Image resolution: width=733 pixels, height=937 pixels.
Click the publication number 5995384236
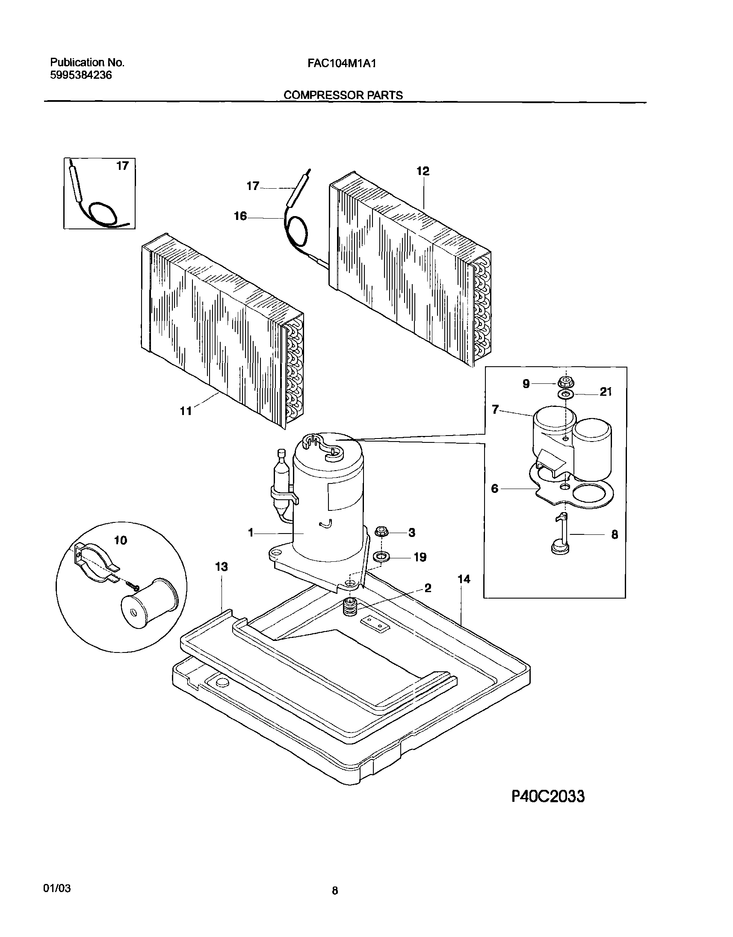click(x=81, y=76)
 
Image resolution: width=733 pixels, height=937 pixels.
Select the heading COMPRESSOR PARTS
click(x=343, y=95)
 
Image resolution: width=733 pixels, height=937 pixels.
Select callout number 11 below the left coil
click(x=186, y=412)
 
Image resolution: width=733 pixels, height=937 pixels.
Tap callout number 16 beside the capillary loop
click(x=240, y=216)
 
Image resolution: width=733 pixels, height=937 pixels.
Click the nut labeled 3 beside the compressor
click(x=381, y=532)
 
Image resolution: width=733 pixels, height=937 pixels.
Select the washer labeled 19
click(x=381, y=557)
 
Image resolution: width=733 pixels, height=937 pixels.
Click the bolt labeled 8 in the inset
click(x=561, y=536)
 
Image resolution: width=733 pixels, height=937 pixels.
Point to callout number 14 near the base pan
click(x=464, y=579)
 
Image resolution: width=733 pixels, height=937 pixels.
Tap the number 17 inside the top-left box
click(x=122, y=166)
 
